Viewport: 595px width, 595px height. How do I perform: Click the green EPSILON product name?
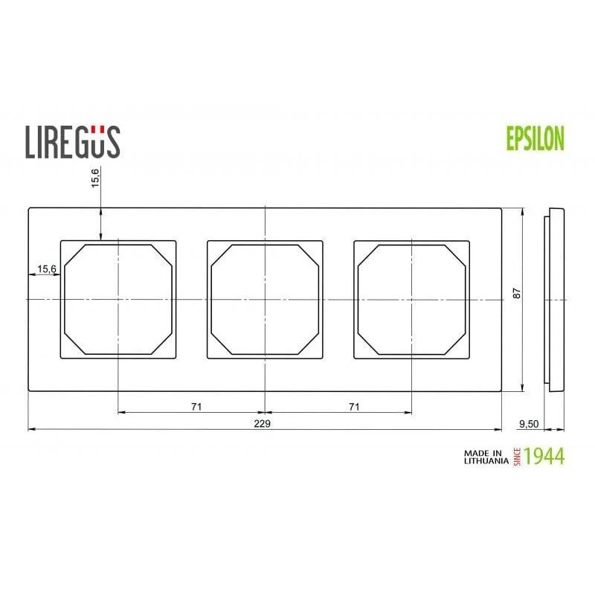[535, 138]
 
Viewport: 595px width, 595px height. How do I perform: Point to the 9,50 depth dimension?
[527, 423]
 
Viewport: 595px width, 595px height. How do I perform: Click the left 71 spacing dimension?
[196, 406]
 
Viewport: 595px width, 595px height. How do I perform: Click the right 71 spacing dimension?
[354, 406]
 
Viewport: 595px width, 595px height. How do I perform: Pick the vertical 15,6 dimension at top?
[95, 179]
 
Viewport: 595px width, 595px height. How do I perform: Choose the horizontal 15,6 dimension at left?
[46, 269]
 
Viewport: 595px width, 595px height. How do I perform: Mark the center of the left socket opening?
[119, 298]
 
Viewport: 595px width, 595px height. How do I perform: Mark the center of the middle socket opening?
[266, 298]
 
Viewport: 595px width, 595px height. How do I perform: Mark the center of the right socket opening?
[412, 298]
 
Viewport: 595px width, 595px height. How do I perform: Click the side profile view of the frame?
[555, 298]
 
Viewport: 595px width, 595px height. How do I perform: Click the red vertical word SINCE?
[516, 456]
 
